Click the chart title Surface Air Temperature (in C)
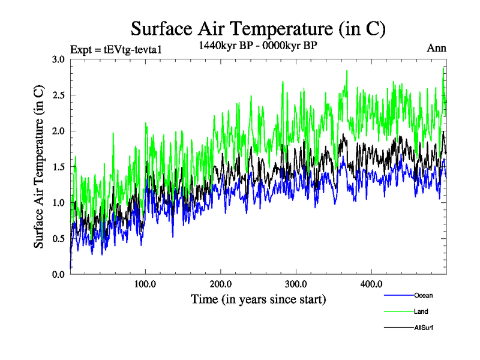[258, 29]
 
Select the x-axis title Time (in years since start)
[259, 299]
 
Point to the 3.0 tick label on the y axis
[58, 59]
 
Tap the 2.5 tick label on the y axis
[58, 95]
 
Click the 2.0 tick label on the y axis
[58, 131]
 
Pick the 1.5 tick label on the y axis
[58, 167]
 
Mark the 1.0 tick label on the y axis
[58, 203]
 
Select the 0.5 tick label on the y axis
[58, 239]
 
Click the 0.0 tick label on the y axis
[58, 274]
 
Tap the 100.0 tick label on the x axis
[145, 283]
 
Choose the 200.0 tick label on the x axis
[221, 283]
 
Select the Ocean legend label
[423, 295]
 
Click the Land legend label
[421, 311]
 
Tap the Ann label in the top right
[436, 49]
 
